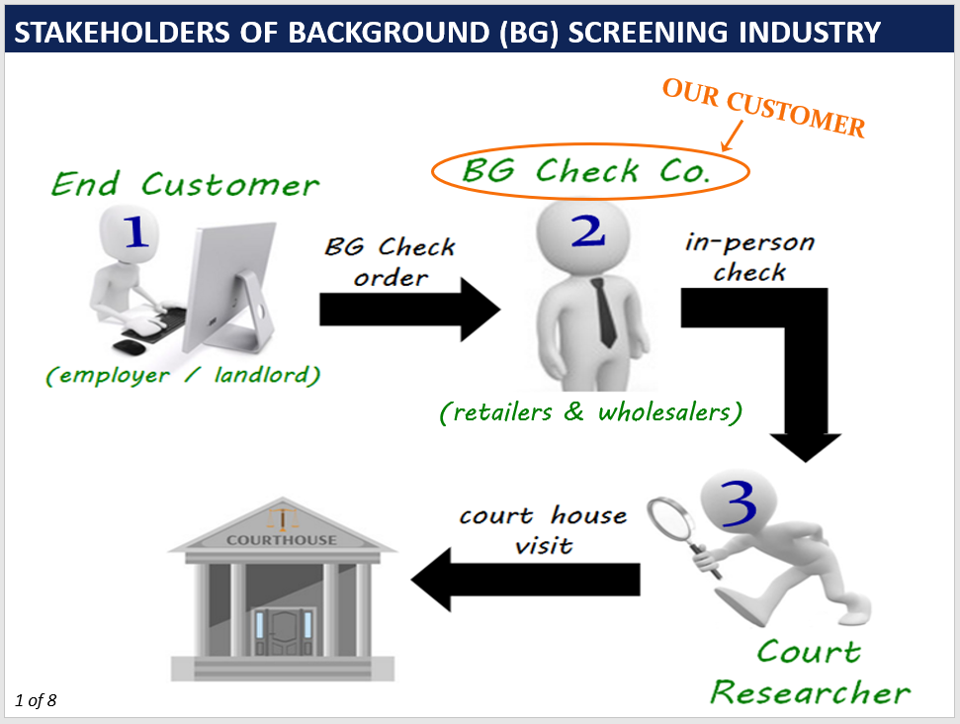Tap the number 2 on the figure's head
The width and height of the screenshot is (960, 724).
tap(588, 230)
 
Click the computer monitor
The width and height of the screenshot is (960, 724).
tap(232, 288)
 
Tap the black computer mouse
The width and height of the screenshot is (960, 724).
tap(130, 347)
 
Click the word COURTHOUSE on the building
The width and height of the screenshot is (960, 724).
tap(282, 540)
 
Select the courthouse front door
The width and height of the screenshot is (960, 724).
tap(284, 631)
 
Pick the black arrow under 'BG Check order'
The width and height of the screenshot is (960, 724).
tap(410, 310)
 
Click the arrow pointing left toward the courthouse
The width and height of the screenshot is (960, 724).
tap(525, 580)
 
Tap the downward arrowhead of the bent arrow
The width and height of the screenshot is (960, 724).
tap(806, 447)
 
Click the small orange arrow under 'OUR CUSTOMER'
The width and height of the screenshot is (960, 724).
tap(733, 136)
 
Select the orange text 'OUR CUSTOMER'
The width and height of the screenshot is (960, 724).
tap(763, 108)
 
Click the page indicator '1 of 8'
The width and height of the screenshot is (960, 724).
tap(36, 700)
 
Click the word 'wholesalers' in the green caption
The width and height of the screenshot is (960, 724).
tap(665, 412)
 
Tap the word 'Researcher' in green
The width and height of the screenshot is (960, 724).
tap(811, 692)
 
